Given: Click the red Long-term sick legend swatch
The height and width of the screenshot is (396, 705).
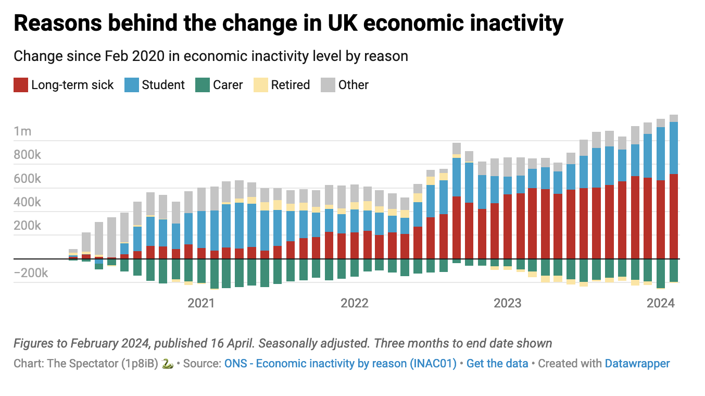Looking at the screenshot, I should coord(21,85).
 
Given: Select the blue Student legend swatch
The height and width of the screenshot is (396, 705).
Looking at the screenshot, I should coord(132,85).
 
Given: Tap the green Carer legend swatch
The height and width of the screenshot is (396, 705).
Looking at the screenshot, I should coord(202,85).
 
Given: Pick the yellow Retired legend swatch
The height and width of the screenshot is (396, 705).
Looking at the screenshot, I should coord(260,85).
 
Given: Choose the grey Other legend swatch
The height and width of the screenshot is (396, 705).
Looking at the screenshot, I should coord(328,85).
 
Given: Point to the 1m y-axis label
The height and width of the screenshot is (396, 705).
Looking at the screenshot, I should coord(22,131).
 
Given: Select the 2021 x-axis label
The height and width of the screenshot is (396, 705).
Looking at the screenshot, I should coord(201,303).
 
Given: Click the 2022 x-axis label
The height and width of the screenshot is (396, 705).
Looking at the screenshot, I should coord(354,303).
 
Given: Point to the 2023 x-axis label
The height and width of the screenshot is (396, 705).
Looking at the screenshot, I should coord(507,303).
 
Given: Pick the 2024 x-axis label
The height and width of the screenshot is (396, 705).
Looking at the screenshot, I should coord(660,303).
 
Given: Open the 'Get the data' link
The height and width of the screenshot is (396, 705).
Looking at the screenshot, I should coord(497,364).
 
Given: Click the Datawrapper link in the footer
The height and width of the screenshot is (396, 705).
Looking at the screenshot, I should coord(637,364).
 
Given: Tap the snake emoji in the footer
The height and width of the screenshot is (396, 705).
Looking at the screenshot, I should coord(167,364).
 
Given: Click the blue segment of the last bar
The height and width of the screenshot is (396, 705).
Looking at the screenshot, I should coord(673,148).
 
